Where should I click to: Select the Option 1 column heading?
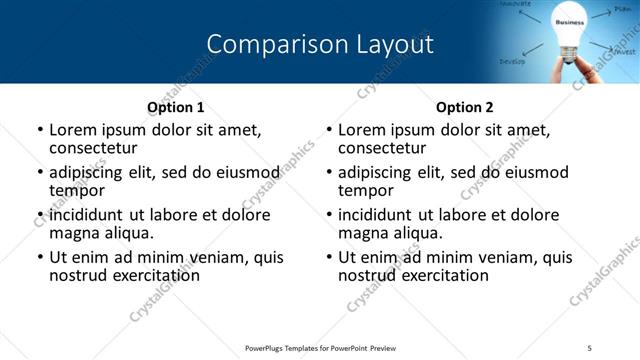pyautogui.click(x=176, y=107)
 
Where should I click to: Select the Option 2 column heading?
pyautogui.click(x=465, y=107)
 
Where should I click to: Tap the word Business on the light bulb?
pyautogui.click(x=569, y=22)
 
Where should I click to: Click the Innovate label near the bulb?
pyautogui.click(x=515, y=5)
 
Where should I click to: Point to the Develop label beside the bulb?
pyautogui.click(x=513, y=61)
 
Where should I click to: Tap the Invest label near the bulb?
pyautogui.click(x=625, y=50)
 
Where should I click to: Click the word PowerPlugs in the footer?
pyautogui.click(x=267, y=347)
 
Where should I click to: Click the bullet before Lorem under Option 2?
pyautogui.click(x=329, y=130)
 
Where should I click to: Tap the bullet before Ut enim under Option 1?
pyautogui.click(x=40, y=257)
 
